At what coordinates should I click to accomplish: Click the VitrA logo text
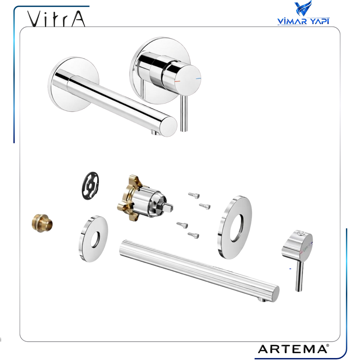(56, 19)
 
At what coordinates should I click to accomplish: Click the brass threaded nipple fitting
(42, 224)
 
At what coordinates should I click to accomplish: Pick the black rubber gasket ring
(90, 186)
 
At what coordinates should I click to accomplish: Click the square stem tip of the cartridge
(170, 207)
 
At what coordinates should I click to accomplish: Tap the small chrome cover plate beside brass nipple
(94, 239)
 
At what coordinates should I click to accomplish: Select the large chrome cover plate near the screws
(235, 227)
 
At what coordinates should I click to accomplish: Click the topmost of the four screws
(194, 195)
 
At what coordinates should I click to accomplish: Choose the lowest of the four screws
(193, 235)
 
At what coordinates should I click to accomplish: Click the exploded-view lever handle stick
(299, 276)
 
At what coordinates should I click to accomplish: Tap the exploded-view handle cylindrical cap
(297, 246)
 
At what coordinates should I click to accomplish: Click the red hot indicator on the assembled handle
(177, 81)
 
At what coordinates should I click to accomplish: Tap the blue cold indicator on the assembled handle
(198, 79)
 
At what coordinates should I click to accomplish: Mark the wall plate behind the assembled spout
(73, 84)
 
